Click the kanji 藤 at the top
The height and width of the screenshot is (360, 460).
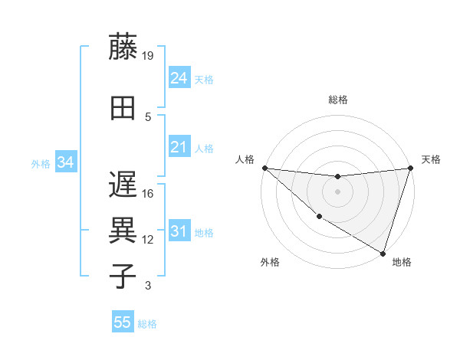pos(123,47)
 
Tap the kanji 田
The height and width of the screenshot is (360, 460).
pos(123,107)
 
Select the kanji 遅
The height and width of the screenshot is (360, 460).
pos(123,185)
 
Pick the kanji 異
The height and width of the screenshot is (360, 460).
pos(123,229)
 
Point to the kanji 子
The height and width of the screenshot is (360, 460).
pos(123,275)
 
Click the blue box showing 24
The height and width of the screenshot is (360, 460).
pos(179,78)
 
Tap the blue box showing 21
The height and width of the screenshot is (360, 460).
pos(179,147)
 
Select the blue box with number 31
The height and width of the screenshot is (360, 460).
pos(179,232)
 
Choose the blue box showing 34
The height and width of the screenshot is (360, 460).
pos(66,162)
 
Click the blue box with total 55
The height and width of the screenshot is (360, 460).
pos(123,322)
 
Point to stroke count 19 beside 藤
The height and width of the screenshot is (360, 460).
pos(148,55)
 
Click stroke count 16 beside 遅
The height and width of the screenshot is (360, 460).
pos(148,194)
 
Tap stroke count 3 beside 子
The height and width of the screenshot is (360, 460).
pos(148,286)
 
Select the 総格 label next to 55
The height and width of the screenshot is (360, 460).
pos(147,324)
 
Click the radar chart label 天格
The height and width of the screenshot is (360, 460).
pos(431,159)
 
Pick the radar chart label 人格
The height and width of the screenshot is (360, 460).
pos(245,159)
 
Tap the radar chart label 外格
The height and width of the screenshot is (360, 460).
pos(270,262)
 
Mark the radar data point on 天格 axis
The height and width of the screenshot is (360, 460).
pos(410,168)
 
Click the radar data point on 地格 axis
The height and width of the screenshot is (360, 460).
pos(383,253)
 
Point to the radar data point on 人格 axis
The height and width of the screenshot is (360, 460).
pos(264,168)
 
